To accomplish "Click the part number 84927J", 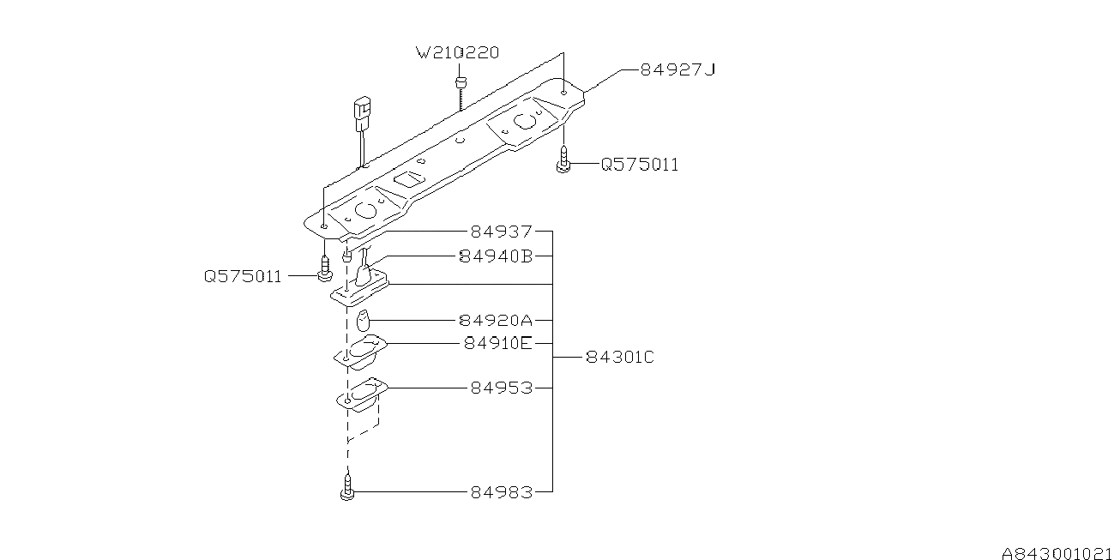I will coord(677,69).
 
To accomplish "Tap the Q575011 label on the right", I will coord(639,165).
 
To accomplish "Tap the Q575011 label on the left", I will coord(243,277).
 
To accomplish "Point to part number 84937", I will coord(501,232).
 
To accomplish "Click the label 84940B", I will coord(496,256).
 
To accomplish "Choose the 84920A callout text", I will coord(496,320).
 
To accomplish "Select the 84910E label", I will coord(497,343).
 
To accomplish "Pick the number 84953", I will coord(501,388).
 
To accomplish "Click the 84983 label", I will coord(501,492).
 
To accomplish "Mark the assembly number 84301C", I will coord(620,357).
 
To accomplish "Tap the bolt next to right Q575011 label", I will coord(563,160).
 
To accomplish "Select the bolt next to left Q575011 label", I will coord(324,269).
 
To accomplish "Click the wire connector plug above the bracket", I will coord(362,112).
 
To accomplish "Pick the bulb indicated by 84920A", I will coord(364,322).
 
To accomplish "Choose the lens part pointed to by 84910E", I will coord(361,350).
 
